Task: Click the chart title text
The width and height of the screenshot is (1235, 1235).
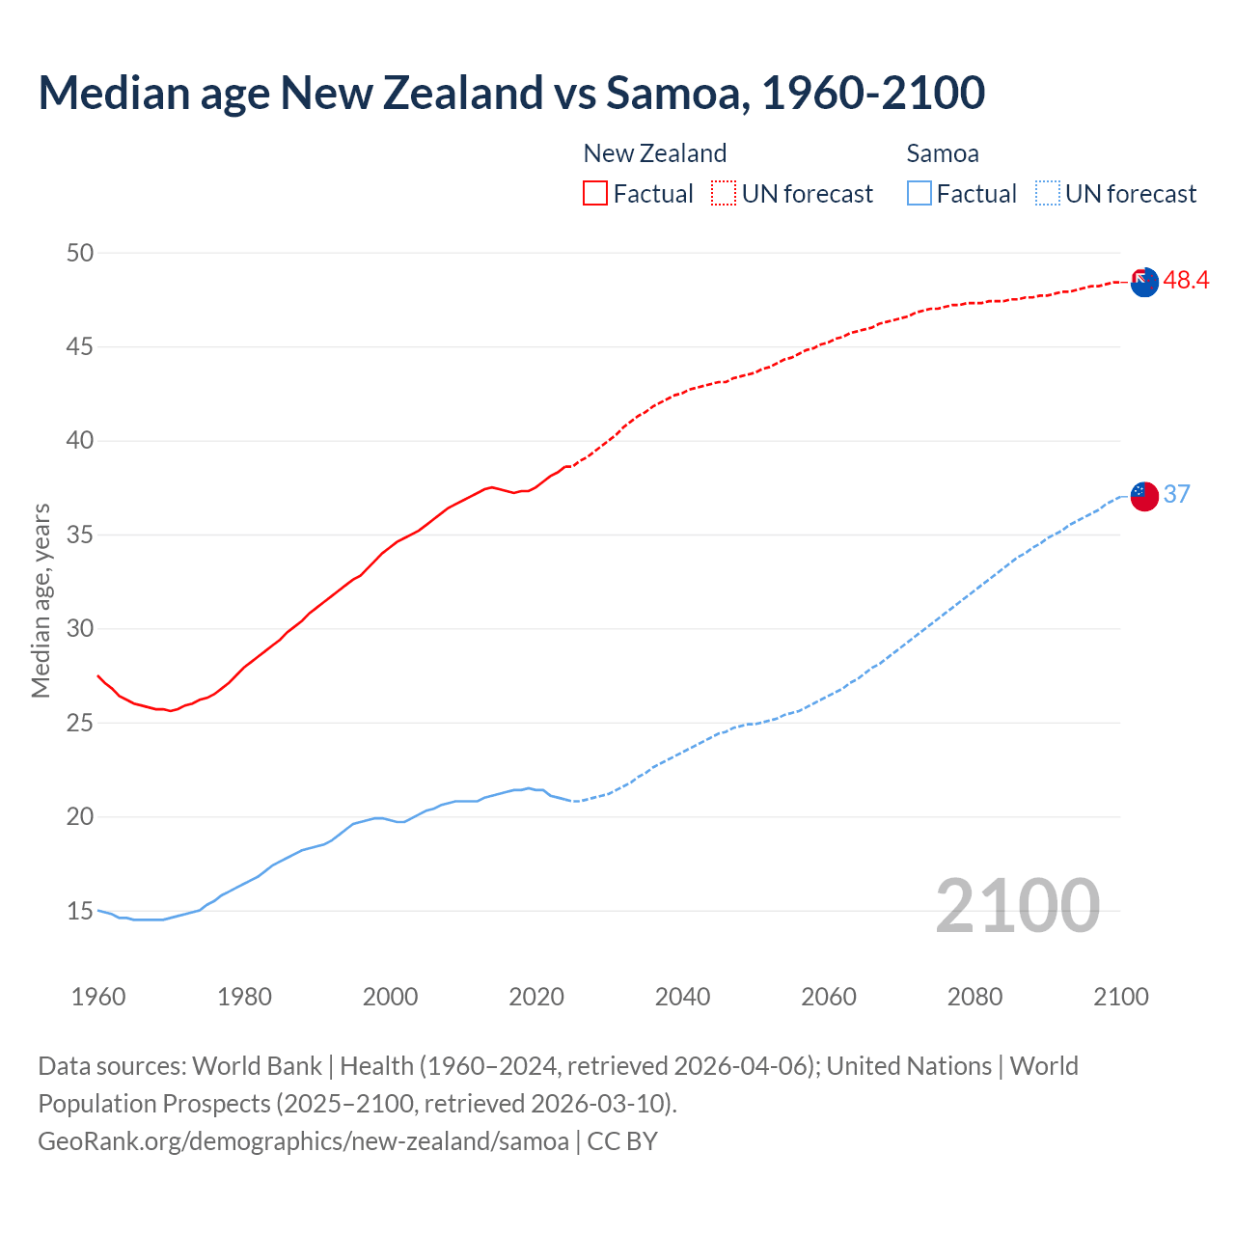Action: (511, 93)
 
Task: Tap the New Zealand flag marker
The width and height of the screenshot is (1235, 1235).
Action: (1144, 282)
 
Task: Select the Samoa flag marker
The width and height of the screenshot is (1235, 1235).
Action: (1144, 496)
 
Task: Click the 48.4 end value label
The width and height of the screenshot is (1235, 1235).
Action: (1186, 281)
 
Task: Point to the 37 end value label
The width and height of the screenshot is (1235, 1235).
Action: (1177, 495)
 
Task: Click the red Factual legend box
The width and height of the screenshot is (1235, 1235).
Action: (595, 194)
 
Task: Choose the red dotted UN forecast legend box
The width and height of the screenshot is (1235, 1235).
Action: (724, 194)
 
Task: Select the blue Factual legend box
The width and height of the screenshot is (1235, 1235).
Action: (919, 194)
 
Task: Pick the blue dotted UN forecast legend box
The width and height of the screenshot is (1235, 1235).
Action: (1047, 194)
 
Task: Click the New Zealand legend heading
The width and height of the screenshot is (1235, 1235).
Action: (654, 153)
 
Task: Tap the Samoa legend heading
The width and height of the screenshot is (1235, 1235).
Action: (943, 153)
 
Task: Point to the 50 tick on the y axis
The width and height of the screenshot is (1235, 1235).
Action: (80, 253)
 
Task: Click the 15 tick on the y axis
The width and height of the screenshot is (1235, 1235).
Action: (80, 911)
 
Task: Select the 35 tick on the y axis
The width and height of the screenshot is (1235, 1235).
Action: (80, 535)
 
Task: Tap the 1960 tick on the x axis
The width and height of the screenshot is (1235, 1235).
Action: (98, 997)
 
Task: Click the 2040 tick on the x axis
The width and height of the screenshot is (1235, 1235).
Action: (682, 997)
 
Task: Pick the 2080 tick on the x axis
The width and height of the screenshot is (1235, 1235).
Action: (974, 997)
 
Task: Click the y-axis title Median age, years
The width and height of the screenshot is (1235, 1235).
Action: (41, 600)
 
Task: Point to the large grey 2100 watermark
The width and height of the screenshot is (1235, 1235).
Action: (1017, 906)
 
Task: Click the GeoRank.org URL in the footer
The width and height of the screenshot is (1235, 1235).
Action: (303, 1141)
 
